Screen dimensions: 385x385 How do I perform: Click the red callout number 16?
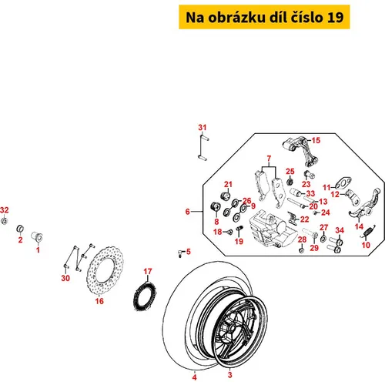coord(99,301)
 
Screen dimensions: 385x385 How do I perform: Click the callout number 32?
coord(5,210)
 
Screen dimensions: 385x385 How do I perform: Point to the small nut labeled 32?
coord(4,221)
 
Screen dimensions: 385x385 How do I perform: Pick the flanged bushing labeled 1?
coord(37,236)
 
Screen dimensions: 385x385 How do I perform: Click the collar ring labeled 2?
coord(20,228)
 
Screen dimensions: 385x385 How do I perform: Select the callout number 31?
coord(203,127)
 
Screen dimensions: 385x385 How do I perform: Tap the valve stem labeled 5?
coord(181,253)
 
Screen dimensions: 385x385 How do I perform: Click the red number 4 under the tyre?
coord(195,377)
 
